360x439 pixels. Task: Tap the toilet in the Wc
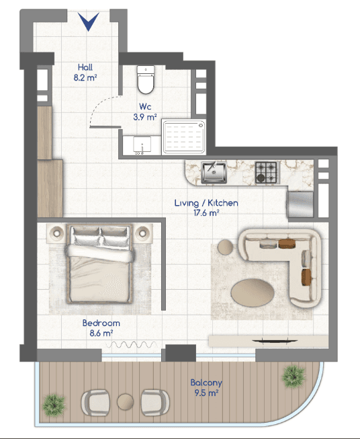coord(146,79)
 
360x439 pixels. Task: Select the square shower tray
coord(184,137)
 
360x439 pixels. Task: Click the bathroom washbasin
coord(142,145)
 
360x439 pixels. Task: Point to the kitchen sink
coord(214,172)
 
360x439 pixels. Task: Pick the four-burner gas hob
coord(267,172)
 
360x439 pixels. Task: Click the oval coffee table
coord(253,292)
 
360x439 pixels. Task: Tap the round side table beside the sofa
coord(226,247)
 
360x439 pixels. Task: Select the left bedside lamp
coord(57,233)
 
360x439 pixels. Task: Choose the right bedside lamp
coord(142,233)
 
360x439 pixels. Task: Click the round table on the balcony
coord(126,402)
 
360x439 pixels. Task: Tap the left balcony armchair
coord(95,403)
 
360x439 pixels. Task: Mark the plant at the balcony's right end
coord(293,376)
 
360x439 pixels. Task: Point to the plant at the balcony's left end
coord(54,405)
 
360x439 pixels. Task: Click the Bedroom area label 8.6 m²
coord(101,333)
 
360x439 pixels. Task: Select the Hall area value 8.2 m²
coord(85,77)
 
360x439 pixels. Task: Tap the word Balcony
coord(206,383)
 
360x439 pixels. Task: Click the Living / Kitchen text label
coord(206,203)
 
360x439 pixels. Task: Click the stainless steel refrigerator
coord(300,204)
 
